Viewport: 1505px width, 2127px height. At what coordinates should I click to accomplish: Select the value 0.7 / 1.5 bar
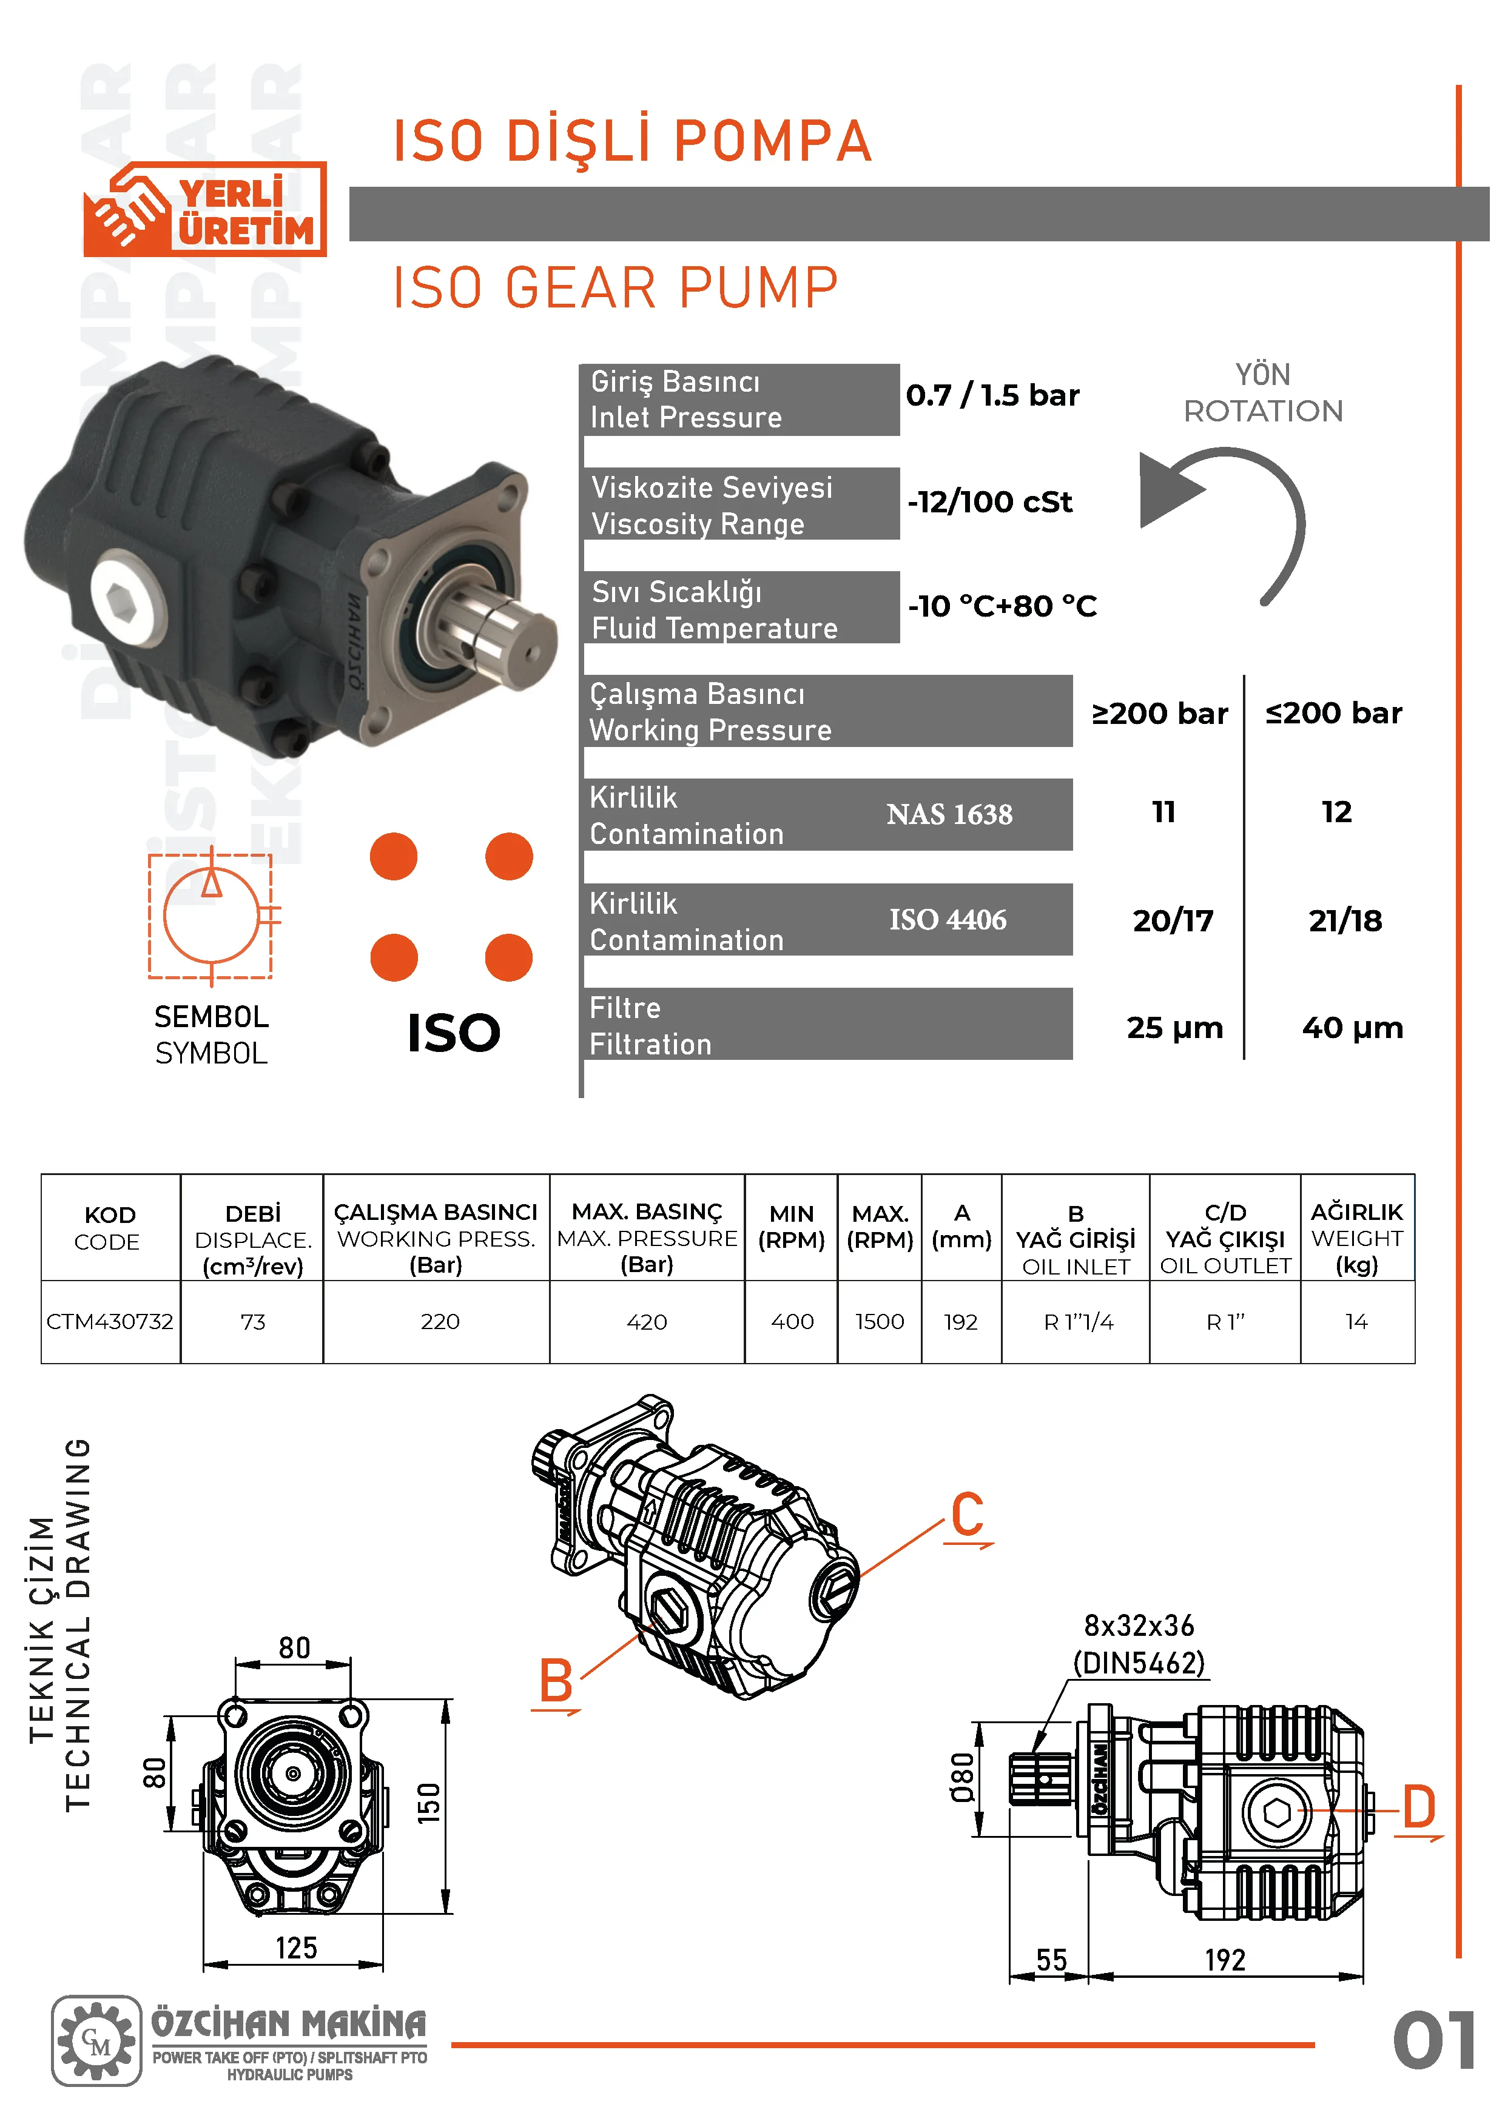pyautogui.click(x=992, y=395)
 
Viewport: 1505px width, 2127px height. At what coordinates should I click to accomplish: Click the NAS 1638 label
pyautogui.click(x=949, y=814)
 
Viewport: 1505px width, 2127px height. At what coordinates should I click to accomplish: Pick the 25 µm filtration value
pyautogui.click(x=1174, y=1027)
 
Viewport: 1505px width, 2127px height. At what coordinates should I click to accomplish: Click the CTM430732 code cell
pyautogui.click(x=110, y=1321)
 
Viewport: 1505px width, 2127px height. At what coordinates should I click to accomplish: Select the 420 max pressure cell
pyautogui.click(x=647, y=1322)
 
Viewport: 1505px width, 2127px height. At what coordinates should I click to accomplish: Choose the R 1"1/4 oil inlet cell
pyautogui.click(x=1079, y=1322)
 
